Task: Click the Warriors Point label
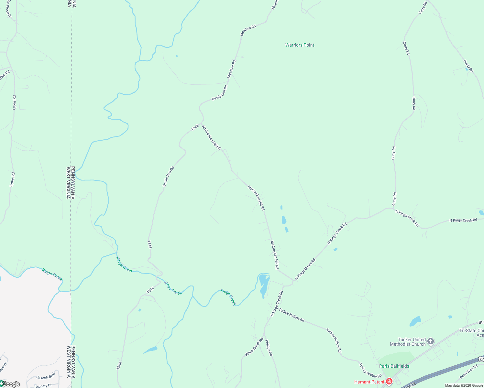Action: click(x=300, y=45)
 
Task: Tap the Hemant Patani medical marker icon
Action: click(x=389, y=382)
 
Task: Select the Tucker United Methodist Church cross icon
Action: click(x=430, y=341)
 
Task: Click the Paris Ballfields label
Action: click(x=394, y=366)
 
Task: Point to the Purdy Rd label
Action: click(x=468, y=66)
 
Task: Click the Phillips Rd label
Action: click(x=269, y=348)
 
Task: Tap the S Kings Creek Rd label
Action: click(x=277, y=303)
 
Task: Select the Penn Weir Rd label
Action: click(x=468, y=372)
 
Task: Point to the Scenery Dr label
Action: click(x=43, y=386)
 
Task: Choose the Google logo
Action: click(x=10, y=384)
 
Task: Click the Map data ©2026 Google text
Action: click(x=464, y=385)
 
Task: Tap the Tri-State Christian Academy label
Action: click(x=472, y=333)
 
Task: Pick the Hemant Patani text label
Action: click(x=369, y=382)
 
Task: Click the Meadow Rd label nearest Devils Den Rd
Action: click(x=232, y=69)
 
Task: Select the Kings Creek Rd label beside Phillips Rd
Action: click(x=254, y=347)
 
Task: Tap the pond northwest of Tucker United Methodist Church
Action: click(x=415, y=321)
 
